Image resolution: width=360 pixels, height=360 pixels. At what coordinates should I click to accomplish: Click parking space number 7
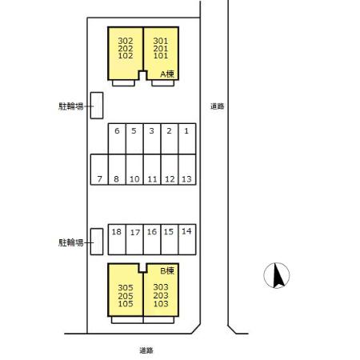point(99,170)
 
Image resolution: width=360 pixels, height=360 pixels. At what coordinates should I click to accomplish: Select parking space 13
point(187,170)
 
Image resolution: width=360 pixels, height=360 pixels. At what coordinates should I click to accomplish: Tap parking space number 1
point(187,138)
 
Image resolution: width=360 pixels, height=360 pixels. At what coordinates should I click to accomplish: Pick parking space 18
point(117,239)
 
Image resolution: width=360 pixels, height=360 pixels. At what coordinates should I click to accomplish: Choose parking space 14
point(187,239)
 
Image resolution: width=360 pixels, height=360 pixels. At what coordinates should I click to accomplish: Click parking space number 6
point(117,138)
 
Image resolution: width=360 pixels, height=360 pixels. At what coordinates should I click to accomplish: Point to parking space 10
point(134,170)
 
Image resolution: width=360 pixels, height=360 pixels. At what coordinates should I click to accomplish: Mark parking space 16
point(152,239)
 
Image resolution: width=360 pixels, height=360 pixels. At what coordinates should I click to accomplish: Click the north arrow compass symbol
point(277,275)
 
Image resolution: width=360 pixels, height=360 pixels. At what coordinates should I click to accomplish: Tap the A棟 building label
point(167,74)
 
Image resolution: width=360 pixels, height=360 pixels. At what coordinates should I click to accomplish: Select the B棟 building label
point(167,271)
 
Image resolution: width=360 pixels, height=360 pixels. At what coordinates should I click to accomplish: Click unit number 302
point(126,41)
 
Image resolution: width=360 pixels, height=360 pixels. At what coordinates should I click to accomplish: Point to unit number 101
point(161,56)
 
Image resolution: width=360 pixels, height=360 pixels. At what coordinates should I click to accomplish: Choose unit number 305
point(126,288)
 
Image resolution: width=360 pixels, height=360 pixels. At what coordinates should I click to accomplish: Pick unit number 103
point(161,303)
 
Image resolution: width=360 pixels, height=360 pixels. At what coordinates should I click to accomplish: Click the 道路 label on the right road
point(217,106)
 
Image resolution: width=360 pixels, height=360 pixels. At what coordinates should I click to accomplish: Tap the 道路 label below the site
point(146,350)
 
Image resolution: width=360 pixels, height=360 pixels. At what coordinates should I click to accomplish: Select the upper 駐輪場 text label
point(71,106)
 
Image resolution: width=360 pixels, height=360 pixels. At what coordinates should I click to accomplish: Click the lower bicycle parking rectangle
point(97,242)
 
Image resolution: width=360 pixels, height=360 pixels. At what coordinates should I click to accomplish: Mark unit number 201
point(161,49)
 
